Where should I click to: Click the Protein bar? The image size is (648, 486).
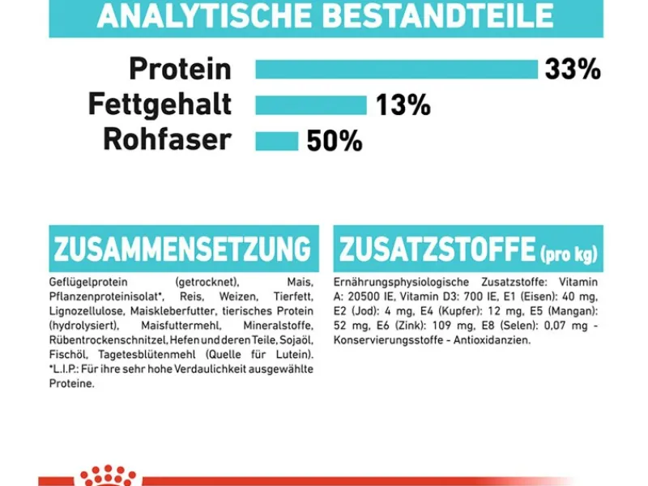click(x=396, y=69)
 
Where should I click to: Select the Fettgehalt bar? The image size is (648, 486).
click(x=311, y=105)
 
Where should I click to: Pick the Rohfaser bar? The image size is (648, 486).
click(x=276, y=141)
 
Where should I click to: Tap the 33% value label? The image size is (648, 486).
click(x=573, y=70)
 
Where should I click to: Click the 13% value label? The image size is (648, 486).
click(x=403, y=105)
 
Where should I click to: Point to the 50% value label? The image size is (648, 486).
click(x=334, y=142)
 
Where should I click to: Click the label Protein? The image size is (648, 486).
click(x=180, y=70)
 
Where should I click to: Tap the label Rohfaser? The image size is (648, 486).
click(x=167, y=140)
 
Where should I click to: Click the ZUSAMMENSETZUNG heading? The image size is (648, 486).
click(x=182, y=249)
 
